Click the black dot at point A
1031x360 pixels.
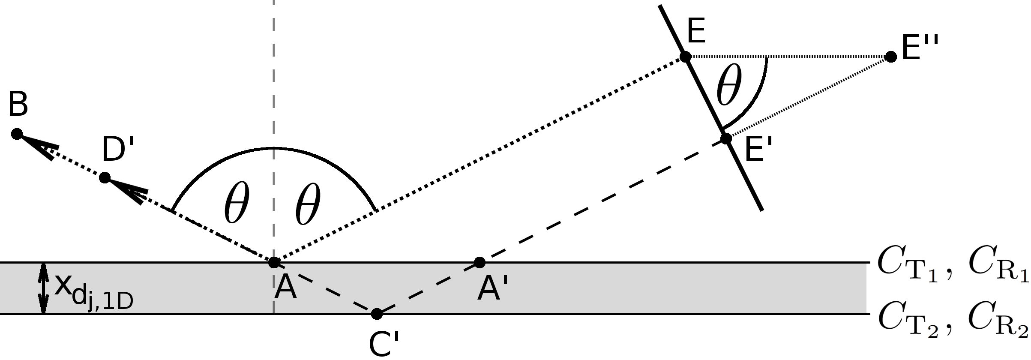(274, 262)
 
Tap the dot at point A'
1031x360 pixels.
(480, 262)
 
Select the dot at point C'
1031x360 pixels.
(376, 314)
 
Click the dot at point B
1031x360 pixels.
(17, 134)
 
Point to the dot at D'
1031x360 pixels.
(105, 177)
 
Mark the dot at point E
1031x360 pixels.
(685, 57)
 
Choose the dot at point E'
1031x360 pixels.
(726, 139)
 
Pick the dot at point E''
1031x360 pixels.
(891, 57)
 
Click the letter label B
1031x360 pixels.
(18, 104)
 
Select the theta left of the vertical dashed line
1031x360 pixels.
(236, 204)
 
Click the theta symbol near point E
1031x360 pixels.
(728, 86)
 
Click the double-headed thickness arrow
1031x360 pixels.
(43, 288)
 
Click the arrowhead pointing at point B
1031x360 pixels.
(41, 147)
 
